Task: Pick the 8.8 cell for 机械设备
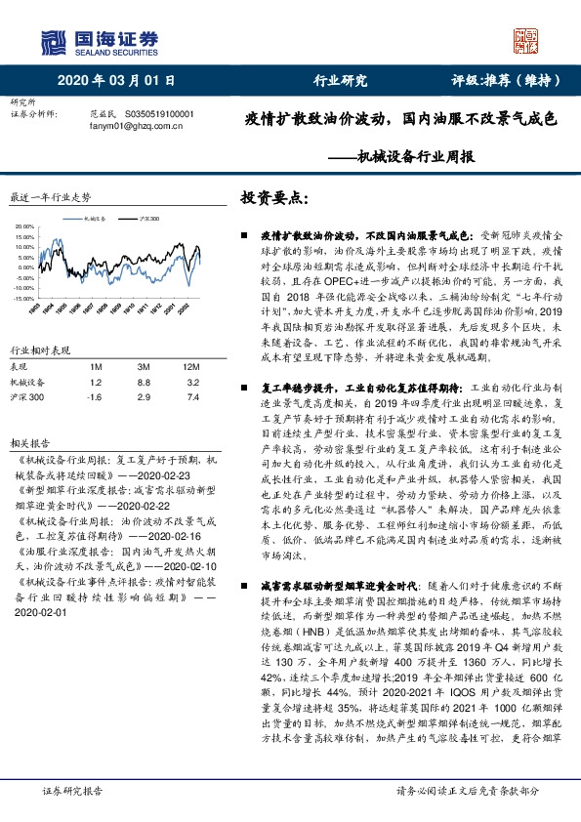143,382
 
